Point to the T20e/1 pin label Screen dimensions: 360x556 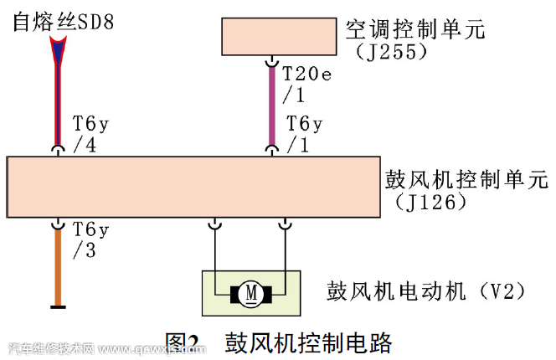(x=306, y=83)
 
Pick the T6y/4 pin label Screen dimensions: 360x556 (x=90, y=133)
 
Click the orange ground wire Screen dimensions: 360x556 (x=58, y=268)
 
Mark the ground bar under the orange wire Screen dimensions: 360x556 (x=58, y=307)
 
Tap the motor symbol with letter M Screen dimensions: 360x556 (x=251, y=293)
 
